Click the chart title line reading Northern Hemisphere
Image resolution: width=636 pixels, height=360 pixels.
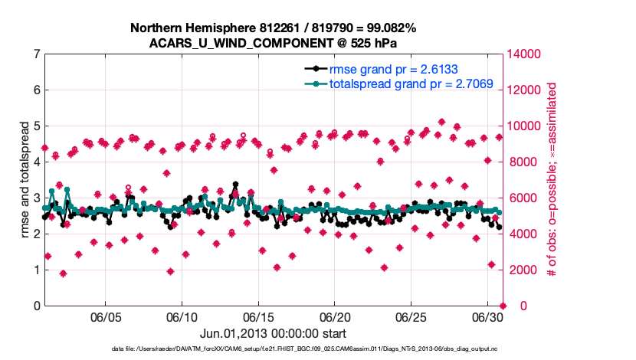pyautogui.click(x=273, y=28)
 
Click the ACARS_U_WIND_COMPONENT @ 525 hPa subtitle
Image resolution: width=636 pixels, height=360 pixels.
pyautogui.click(x=273, y=43)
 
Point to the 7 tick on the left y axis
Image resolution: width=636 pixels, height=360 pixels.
pyautogui.click(x=36, y=54)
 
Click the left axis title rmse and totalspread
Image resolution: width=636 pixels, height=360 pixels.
pyautogui.click(x=25, y=180)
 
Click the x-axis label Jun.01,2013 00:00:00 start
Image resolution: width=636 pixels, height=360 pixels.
pyautogui.click(x=273, y=334)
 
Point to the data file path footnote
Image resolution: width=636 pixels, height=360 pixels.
pyautogui.click(x=273, y=349)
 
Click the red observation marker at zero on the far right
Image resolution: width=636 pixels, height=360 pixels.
pyautogui.click(x=503, y=306)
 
